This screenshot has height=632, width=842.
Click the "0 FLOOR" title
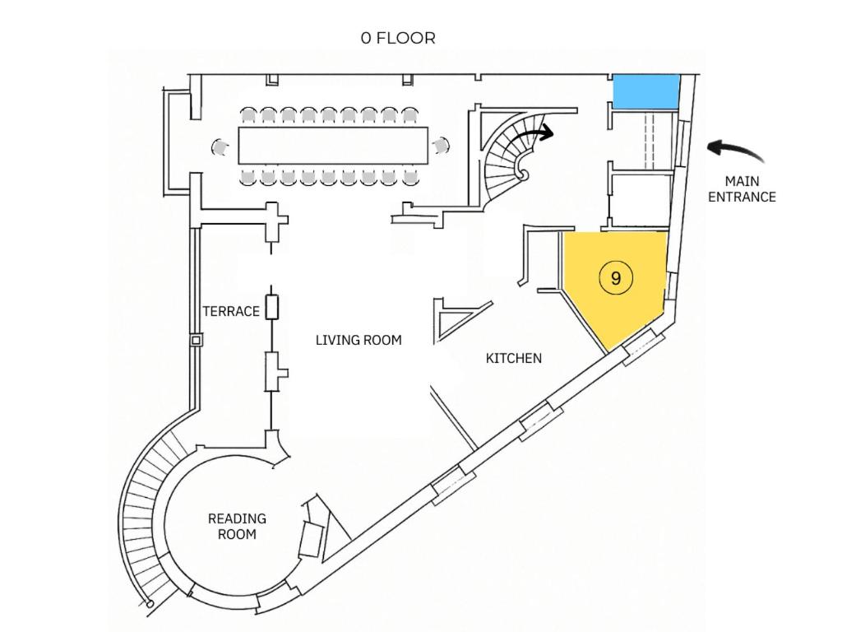pyautogui.click(x=398, y=38)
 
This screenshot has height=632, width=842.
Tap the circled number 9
pyautogui.click(x=615, y=278)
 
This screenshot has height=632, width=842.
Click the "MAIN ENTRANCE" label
pyautogui.click(x=742, y=189)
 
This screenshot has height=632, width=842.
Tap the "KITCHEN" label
pyautogui.click(x=513, y=359)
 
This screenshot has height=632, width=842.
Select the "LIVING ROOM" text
pyautogui.click(x=359, y=340)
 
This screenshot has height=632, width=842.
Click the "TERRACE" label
pyautogui.click(x=231, y=312)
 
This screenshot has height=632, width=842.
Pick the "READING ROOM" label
pyautogui.click(x=237, y=527)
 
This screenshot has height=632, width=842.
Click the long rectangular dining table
pyautogui.click(x=333, y=146)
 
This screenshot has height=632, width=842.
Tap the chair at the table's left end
pyautogui.click(x=219, y=146)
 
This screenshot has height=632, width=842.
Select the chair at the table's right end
pyautogui.click(x=441, y=146)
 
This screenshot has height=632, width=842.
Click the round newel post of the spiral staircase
pyautogui.click(x=522, y=174)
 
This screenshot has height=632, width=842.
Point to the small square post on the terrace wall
pyautogui.click(x=197, y=340)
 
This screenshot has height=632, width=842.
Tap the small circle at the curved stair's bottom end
pyautogui.click(x=150, y=604)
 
